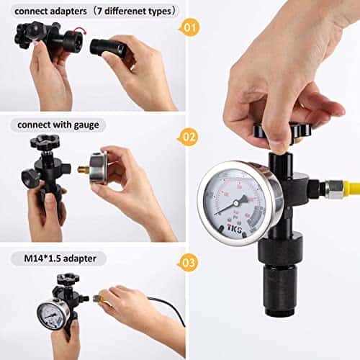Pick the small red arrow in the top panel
78,32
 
